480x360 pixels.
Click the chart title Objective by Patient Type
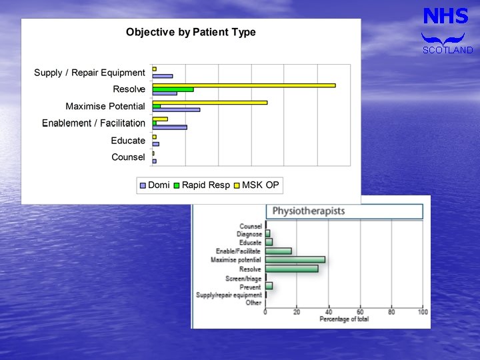pyautogui.click(x=191, y=32)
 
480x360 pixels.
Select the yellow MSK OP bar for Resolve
pyautogui.click(x=243, y=85)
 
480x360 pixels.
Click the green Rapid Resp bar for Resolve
pyautogui.click(x=173, y=89)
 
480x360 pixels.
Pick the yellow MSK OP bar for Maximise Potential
pyautogui.click(x=209, y=102)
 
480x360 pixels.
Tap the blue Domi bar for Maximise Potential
pyautogui.click(x=176, y=109)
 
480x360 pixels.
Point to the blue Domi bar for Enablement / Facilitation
pyautogui.click(x=169, y=127)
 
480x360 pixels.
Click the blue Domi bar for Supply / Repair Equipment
pyautogui.click(x=162, y=76)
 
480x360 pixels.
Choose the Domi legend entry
pyautogui.click(x=154, y=185)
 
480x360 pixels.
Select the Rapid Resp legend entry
pyautogui.click(x=201, y=185)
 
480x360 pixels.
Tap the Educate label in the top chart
pyautogui.click(x=128, y=141)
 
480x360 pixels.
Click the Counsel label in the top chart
pyautogui.click(x=128, y=157)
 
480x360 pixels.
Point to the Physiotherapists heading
pyautogui.click(x=309, y=211)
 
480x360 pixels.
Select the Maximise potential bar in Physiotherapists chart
pyautogui.click(x=295, y=260)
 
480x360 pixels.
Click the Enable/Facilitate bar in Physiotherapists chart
pyautogui.click(x=278, y=251)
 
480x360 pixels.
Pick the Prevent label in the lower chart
pyautogui.click(x=251, y=287)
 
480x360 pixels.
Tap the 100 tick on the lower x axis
pyautogui.click(x=423, y=312)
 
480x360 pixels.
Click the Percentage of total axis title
pyautogui.click(x=344, y=319)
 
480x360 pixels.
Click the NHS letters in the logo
pyautogui.click(x=446, y=17)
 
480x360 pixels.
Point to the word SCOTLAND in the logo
pyautogui.click(x=447, y=50)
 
